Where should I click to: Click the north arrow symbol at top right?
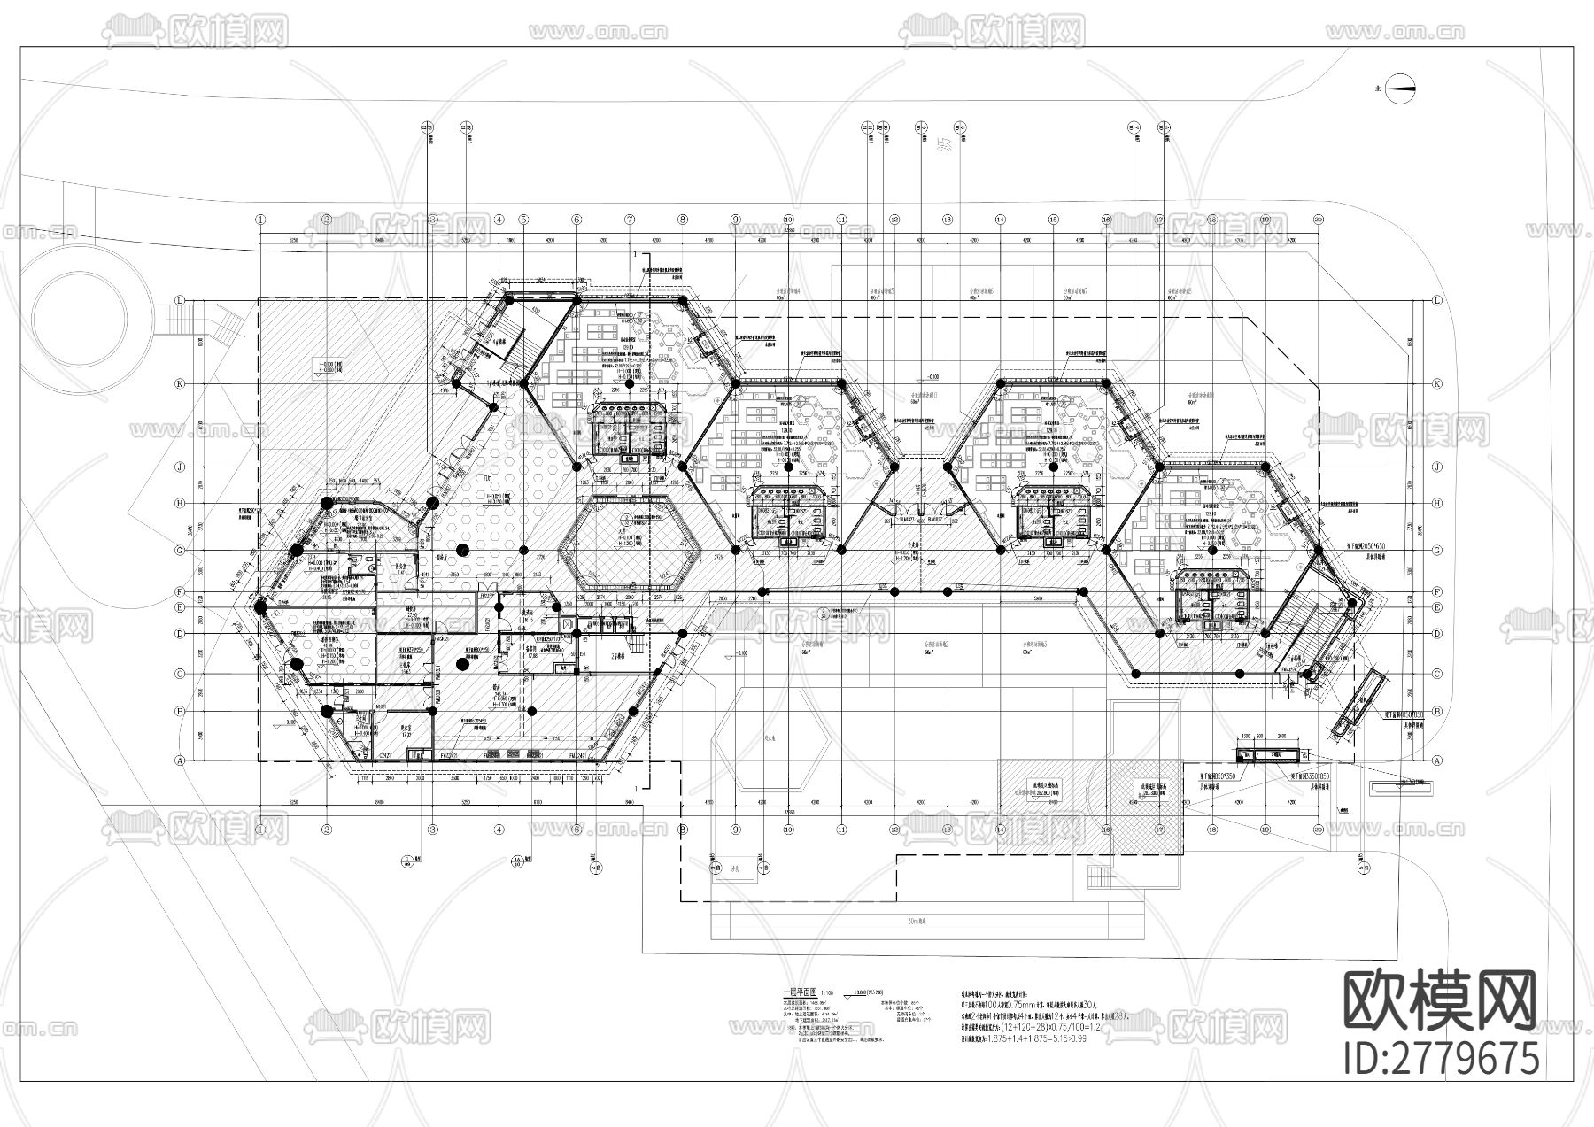(x=1401, y=87)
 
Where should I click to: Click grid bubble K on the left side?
(x=181, y=383)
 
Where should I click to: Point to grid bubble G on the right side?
(x=1436, y=550)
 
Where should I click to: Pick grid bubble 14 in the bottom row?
(x=1000, y=830)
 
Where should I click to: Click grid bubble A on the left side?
(x=181, y=760)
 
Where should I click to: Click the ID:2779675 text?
(x=1441, y=1058)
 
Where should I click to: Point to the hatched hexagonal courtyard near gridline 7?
(x=630, y=544)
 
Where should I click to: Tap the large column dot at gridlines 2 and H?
(x=326, y=503)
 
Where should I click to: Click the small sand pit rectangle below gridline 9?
(x=734, y=868)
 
